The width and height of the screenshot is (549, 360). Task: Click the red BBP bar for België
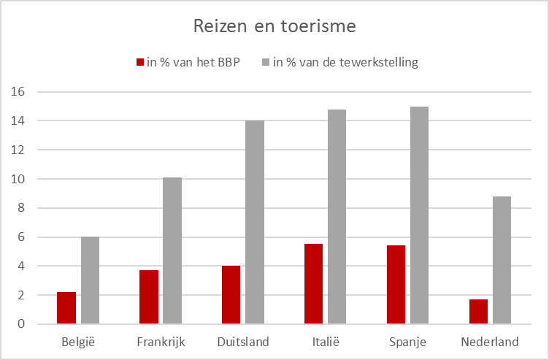point(66,307)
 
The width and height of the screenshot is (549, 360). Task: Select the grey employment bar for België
point(90,280)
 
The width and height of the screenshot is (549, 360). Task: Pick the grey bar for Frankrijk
point(172,250)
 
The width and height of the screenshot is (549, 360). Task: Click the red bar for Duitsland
point(231,294)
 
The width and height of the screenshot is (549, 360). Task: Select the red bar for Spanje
point(396,284)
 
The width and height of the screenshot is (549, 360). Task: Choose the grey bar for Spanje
point(419,215)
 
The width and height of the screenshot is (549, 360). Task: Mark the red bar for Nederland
point(478,311)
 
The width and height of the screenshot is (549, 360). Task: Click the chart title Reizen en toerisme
point(274,27)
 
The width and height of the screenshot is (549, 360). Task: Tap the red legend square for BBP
point(140,63)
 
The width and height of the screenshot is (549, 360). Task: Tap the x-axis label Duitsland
point(243,342)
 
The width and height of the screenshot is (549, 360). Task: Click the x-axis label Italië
point(325,342)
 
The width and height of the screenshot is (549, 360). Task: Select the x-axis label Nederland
point(490,342)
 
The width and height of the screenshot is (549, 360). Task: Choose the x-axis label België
point(78,342)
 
